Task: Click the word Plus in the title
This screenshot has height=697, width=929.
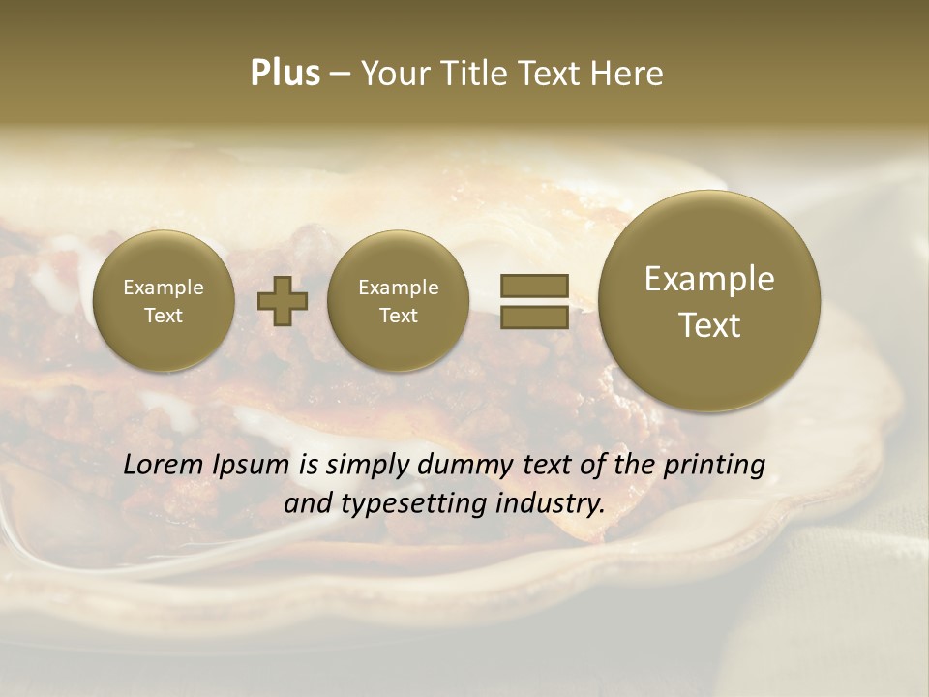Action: pos(285,73)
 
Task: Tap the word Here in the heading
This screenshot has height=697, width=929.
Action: pos(626,74)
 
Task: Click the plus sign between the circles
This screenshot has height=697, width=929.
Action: pos(283,301)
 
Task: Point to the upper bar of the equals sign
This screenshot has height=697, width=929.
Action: pos(533,286)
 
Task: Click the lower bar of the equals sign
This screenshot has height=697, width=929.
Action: pos(533,317)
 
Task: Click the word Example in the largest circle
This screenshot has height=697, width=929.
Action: pos(709,279)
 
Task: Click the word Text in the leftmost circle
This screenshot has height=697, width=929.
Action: pos(163,316)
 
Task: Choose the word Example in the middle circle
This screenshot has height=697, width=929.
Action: pos(398,288)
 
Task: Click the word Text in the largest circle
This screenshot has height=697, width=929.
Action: pos(709,325)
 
